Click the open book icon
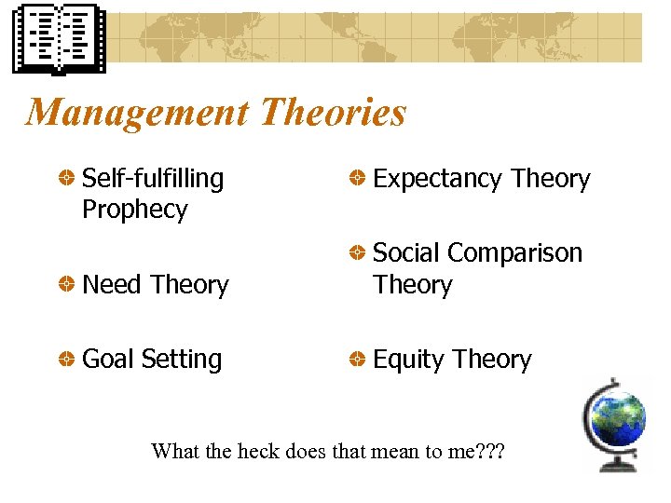59,39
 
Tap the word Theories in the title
333,113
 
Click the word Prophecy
134,210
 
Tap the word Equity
407,360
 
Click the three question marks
488,452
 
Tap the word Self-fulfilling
153,178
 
